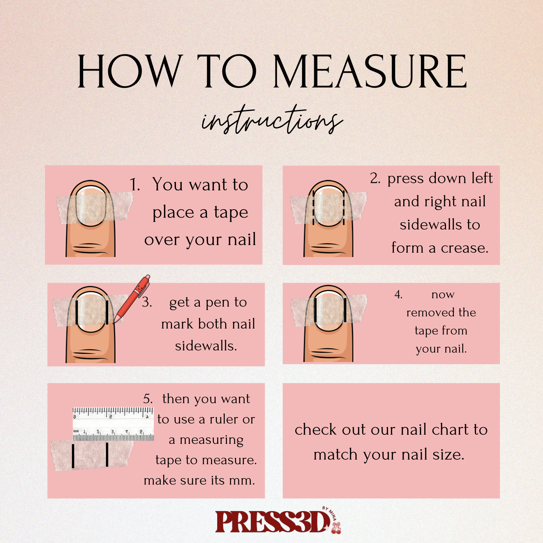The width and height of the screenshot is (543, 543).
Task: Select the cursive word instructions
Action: click(272, 119)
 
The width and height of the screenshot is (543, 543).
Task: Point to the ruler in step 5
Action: click(113, 424)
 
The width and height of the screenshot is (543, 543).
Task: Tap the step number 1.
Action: click(135, 185)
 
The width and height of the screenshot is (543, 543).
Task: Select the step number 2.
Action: click(375, 178)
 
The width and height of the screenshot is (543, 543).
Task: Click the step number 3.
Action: click(147, 302)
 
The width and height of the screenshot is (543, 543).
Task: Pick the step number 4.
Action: click(398, 295)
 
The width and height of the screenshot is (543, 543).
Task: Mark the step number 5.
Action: click(148, 399)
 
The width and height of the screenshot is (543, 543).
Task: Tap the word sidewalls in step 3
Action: click(206, 346)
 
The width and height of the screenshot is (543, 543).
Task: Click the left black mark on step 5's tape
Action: click(73, 455)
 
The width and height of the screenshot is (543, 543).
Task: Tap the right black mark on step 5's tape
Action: click(107, 454)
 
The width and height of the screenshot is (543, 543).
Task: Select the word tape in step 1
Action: click(231, 212)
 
